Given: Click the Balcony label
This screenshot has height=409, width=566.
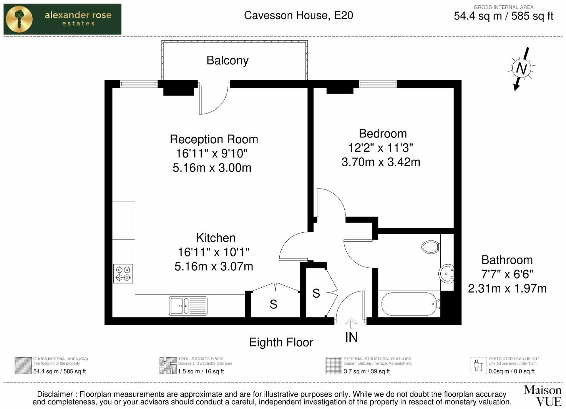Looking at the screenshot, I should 227,60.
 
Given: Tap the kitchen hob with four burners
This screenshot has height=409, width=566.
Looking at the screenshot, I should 123,273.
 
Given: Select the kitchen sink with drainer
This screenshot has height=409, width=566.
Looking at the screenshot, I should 188,306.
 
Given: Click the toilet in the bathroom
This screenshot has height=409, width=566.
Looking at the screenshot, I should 431,247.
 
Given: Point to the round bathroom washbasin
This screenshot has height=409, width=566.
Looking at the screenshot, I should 446,274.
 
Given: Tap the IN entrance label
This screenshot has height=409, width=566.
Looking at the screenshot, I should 351,337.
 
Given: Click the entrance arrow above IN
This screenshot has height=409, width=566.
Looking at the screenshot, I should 351,323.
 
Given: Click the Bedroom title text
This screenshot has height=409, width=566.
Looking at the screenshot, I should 382,134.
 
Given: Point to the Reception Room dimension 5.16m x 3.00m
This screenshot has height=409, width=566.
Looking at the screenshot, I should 212,168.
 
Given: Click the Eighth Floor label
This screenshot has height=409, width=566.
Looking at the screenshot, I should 281,342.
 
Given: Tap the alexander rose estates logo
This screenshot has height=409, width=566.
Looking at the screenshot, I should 62,19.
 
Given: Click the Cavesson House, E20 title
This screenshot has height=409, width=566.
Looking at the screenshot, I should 298,15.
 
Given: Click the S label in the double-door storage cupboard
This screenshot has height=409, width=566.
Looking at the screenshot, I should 273,305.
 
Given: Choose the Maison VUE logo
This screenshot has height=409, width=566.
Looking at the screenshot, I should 542,396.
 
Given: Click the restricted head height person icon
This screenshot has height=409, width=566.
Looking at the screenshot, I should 478,365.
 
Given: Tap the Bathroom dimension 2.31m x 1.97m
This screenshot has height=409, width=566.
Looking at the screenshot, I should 507,288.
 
